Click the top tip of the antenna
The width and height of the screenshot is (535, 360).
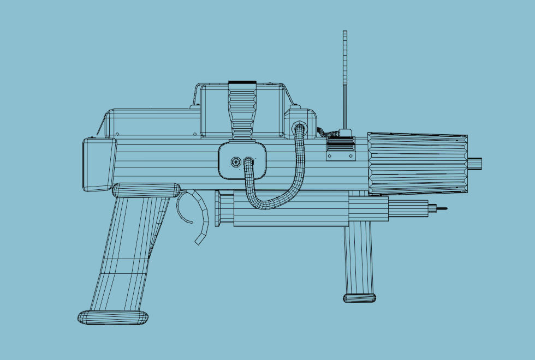click(345, 33)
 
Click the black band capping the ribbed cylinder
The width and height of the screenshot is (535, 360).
click(242, 83)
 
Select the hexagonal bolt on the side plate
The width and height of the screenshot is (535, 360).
click(236, 162)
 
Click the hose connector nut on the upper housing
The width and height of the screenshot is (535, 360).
click(299, 128)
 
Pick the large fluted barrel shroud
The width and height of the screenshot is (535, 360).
click(418, 163)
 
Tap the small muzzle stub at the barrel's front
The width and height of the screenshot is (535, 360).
click(474, 163)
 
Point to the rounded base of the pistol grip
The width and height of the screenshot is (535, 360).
click(112, 317)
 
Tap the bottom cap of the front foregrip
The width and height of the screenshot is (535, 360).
click(359, 298)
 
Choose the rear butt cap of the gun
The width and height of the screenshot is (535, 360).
click(99, 164)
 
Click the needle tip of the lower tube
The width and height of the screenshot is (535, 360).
click(442, 208)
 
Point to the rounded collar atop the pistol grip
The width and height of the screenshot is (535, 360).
click(146, 190)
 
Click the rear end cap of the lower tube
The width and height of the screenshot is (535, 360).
click(218, 208)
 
